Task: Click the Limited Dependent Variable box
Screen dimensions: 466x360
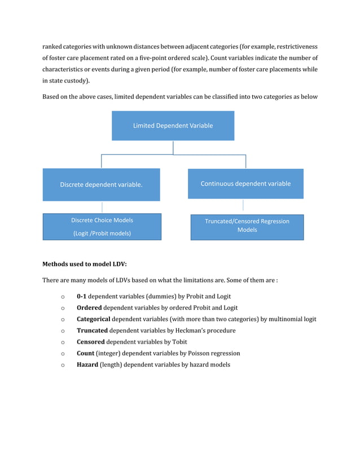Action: (173, 126)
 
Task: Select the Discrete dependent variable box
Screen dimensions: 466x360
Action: (102, 184)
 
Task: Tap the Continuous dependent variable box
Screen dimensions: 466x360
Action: (245, 184)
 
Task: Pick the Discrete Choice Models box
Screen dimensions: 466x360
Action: (102, 227)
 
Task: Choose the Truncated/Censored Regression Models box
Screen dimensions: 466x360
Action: (247, 226)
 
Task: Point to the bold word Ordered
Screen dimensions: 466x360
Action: (89, 308)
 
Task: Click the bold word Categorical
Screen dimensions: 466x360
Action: (93, 319)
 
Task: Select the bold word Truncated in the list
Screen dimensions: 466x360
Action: (92, 331)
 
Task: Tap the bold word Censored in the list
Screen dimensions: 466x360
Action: (91, 342)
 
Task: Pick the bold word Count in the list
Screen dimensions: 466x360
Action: (85, 353)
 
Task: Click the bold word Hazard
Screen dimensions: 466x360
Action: (87, 364)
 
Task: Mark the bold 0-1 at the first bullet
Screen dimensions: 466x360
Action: (81, 296)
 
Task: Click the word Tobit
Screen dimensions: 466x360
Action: (179, 342)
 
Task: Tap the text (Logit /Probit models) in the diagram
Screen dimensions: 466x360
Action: (102, 234)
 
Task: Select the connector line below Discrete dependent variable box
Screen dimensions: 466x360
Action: (102, 207)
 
